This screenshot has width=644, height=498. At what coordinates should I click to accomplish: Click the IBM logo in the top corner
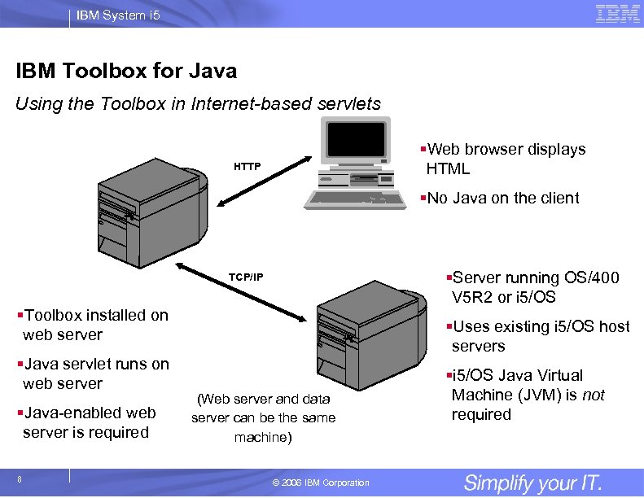617,14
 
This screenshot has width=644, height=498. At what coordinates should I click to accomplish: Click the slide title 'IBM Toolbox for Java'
126,72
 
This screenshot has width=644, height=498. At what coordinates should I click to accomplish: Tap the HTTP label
248,167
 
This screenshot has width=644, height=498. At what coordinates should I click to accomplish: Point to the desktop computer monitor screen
354,146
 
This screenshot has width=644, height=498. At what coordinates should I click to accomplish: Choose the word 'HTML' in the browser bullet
448,169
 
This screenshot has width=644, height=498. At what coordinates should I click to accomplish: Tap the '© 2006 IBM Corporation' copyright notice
321,483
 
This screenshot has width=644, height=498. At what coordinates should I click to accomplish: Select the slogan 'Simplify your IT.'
532,483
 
